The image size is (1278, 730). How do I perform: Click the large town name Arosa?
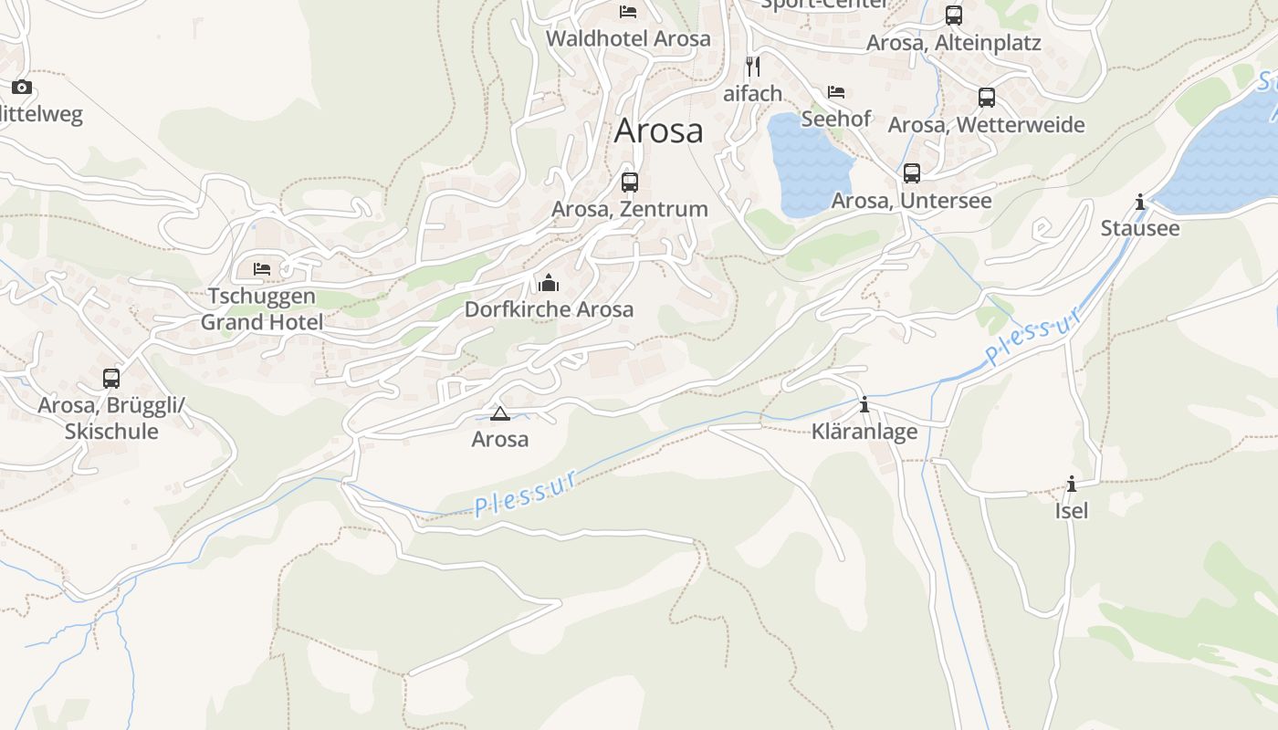point(658,130)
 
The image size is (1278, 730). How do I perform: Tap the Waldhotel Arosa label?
point(628,39)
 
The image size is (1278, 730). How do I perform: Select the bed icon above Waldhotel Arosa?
point(628,12)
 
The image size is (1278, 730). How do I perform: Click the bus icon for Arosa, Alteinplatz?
point(954,16)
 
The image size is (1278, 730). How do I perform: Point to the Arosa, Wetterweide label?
point(987,125)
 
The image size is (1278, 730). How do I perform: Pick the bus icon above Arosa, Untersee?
point(911,173)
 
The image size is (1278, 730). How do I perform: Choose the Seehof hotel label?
point(836,119)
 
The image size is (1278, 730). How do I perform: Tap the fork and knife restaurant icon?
point(753,67)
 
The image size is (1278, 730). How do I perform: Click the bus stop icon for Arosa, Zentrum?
point(630,182)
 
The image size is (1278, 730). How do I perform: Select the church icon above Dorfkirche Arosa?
point(549,283)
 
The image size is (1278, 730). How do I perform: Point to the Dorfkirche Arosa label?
point(549,309)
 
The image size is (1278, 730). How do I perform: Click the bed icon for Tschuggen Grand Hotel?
point(262,269)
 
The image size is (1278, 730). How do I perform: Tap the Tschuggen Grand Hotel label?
point(262,309)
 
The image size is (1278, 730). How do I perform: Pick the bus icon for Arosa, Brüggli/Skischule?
point(111,378)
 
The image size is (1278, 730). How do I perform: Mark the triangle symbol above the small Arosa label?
point(500,414)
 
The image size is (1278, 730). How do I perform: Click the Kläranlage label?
point(864,432)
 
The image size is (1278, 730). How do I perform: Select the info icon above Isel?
point(1072,484)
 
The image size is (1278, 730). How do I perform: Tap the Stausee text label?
point(1140,228)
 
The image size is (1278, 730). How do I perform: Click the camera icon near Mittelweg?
point(22,88)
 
